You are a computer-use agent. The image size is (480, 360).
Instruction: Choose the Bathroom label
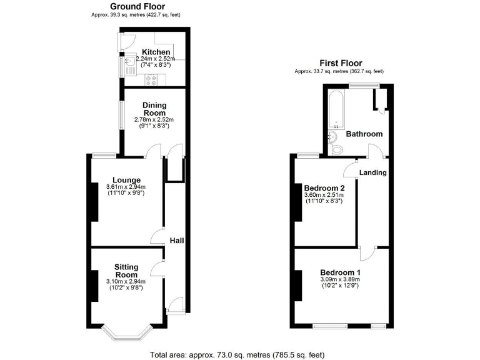pyautogui.click(x=364, y=134)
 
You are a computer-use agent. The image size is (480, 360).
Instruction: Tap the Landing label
pyautogui.click(x=373, y=172)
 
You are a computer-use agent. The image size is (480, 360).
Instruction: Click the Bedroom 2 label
pyautogui.click(x=324, y=188)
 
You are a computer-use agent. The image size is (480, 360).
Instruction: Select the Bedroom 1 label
pyautogui.click(x=339, y=272)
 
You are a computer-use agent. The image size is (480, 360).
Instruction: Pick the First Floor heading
pyautogui.click(x=341, y=63)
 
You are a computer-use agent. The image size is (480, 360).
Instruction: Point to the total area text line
pyautogui.click(x=237, y=354)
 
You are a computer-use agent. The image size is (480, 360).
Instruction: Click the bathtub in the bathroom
pyautogui.click(x=332, y=110)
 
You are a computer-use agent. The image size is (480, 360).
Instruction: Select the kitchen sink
pyautogui.click(x=129, y=62)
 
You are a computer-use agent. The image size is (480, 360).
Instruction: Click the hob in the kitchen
pyautogui.click(x=152, y=79)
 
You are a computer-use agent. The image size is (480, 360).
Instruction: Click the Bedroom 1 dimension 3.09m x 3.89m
pyautogui.click(x=339, y=279)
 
